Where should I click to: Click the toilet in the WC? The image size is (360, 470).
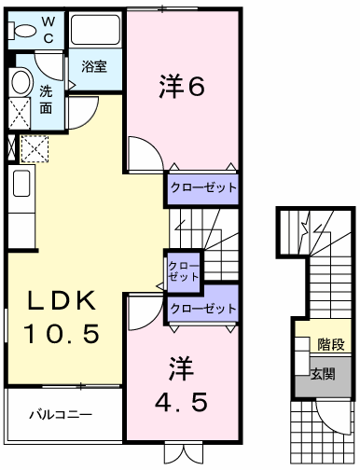[x=21, y=31]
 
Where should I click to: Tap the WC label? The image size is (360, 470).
[x=48, y=30]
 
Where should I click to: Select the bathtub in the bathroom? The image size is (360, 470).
[x=95, y=30]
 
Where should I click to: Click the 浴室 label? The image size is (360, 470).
[x=94, y=66]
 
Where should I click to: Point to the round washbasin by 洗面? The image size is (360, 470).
[x=21, y=82]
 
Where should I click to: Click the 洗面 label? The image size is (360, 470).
[x=46, y=100]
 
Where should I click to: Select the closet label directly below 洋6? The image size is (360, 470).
[x=203, y=187]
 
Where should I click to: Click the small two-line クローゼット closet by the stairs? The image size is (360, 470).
[x=183, y=271]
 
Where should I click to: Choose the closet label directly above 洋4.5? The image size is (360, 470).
[x=203, y=309]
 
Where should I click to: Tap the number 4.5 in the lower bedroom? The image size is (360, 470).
[x=182, y=402]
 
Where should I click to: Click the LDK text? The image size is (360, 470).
[x=62, y=300]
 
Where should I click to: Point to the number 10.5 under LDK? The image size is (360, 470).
[x=62, y=333]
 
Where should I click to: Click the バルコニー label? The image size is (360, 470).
[x=61, y=415]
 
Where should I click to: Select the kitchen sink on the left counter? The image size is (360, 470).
[x=21, y=184]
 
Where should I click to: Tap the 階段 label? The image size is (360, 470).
[x=331, y=344]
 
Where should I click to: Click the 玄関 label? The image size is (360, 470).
[x=324, y=373]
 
